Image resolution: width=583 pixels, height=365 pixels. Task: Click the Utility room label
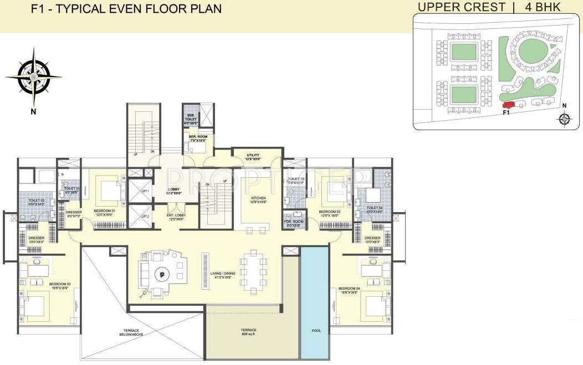tap(253, 157)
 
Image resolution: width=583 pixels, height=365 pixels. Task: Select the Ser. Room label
tap(197, 138)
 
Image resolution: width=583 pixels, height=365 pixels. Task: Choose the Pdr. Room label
tap(292, 224)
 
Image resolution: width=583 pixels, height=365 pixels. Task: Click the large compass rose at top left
tap(34, 77)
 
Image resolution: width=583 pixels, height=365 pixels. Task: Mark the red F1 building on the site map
tap(508, 105)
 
